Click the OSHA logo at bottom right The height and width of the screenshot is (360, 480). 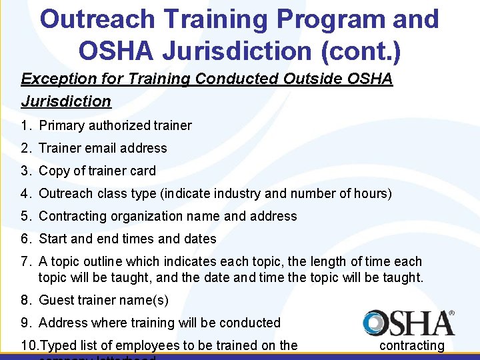pos(409,323)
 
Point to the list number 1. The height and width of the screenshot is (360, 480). pos(25,125)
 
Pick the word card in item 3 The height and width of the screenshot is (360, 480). pos(143,171)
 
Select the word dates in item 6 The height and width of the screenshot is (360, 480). pos(198,239)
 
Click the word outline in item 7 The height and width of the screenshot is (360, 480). pos(98,261)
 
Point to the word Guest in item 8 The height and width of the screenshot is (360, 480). pos(56,300)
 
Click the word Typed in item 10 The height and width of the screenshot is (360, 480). pos(57,345)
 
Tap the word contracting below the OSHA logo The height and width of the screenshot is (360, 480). pos(411,345)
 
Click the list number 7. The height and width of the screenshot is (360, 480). pos(25,261)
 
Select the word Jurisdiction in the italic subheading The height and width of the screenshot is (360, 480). pos(66,101)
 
